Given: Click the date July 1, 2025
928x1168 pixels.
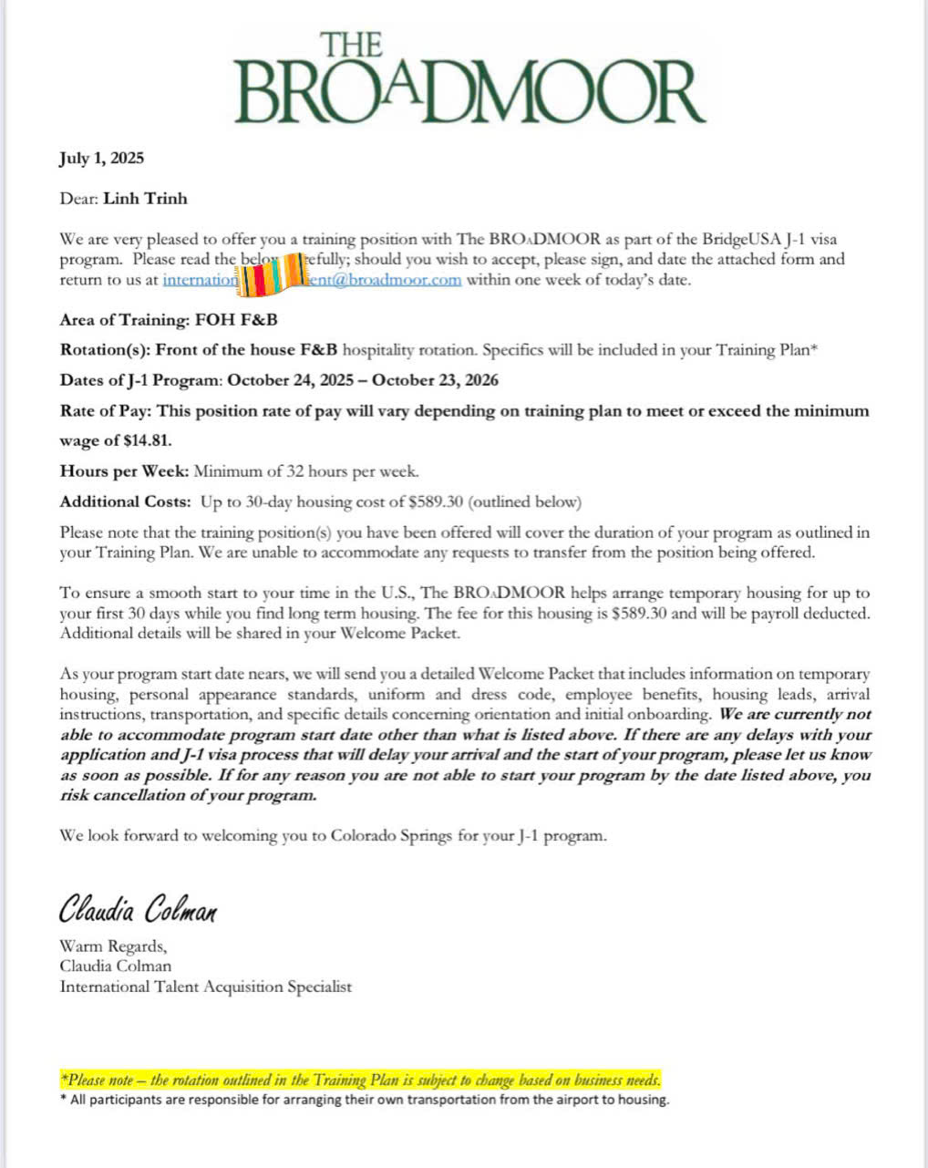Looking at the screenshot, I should click(x=101, y=158).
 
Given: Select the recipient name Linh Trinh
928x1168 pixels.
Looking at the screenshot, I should click(x=145, y=198).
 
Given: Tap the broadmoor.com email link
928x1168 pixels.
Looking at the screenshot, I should click(x=384, y=280).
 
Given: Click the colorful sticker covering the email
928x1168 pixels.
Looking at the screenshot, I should click(x=270, y=272).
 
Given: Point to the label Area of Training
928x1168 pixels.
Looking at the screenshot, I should click(x=123, y=320).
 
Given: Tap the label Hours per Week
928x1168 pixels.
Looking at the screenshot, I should click(x=124, y=471).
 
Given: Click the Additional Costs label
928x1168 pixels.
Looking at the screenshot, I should click(x=125, y=501).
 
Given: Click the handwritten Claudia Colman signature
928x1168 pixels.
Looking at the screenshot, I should click(x=139, y=908).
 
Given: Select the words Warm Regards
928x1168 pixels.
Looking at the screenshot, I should click(x=113, y=946).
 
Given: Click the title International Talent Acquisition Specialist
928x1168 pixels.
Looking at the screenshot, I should click(x=205, y=986).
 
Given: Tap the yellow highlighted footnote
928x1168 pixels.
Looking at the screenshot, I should click(x=360, y=1080).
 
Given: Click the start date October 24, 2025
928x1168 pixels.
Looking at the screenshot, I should click(x=291, y=380).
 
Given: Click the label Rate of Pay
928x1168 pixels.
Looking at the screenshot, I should click(x=106, y=411).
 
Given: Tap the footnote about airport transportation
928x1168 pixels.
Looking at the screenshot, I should click(x=369, y=1100).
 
